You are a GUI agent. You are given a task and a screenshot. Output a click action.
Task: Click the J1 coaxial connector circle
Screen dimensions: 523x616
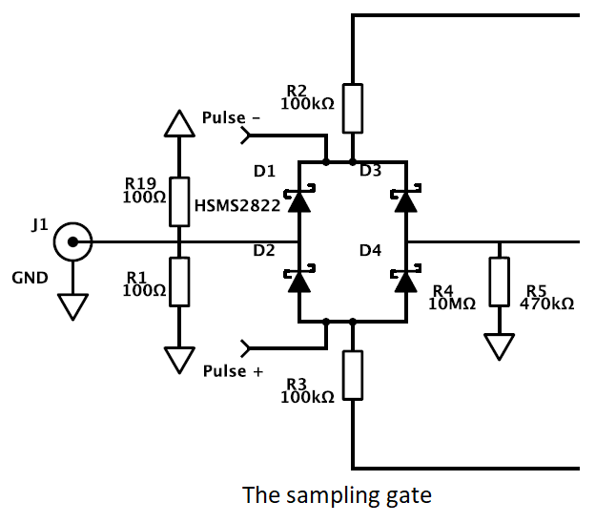[x=72, y=242]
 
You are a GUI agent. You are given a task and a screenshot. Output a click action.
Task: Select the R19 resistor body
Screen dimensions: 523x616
[x=179, y=200]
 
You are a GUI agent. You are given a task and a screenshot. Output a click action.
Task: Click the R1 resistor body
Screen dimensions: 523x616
[x=179, y=281]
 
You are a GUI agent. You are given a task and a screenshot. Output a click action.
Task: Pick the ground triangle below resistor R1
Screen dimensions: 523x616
[x=178, y=359]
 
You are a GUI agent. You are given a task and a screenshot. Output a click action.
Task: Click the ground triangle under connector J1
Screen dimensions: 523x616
[x=72, y=305]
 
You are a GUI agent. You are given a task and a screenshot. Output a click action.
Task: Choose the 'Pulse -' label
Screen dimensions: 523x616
[x=232, y=119]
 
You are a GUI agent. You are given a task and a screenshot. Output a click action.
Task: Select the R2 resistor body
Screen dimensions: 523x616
[x=353, y=108]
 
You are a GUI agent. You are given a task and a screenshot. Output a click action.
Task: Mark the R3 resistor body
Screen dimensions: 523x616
[x=353, y=375]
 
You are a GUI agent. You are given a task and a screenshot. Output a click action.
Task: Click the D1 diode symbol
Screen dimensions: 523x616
[x=299, y=199]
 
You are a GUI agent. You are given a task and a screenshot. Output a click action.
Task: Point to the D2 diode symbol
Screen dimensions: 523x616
[x=299, y=280]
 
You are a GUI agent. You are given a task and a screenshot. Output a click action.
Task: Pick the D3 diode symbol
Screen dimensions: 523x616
[x=406, y=199]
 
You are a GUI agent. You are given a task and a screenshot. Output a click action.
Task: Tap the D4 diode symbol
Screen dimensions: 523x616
[x=406, y=280]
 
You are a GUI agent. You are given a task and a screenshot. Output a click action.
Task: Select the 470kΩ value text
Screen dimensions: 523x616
[x=547, y=303]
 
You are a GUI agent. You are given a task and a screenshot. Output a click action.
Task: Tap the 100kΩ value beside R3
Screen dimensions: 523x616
[x=307, y=396]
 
